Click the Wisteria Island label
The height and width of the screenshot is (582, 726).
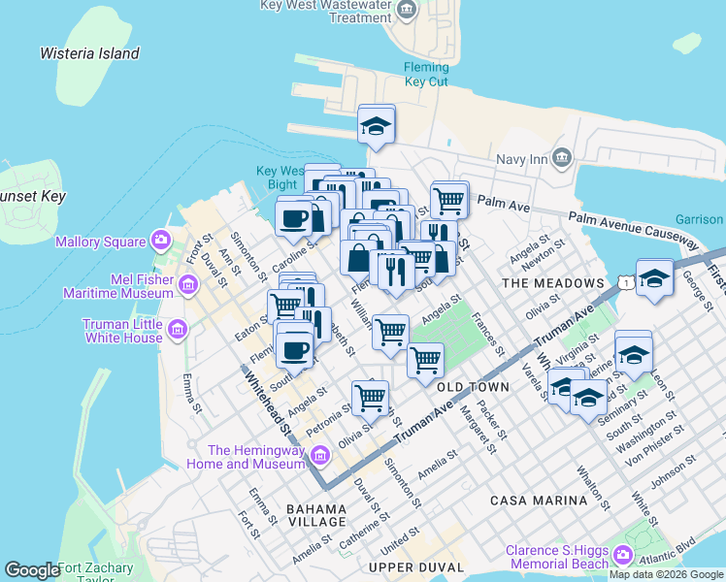click(x=89, y=53)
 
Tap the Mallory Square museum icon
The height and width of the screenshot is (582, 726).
click(x=161, y=241)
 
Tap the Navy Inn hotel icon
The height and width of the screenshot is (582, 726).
click(x=562, y=158)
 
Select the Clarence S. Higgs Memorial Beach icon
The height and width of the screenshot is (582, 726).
click(x=622, y=556)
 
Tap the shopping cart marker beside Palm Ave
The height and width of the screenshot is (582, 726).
click(x=448, y=201)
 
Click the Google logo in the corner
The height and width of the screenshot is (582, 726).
click(x=31, y=570)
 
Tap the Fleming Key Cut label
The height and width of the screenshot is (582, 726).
click(x=426, y=75)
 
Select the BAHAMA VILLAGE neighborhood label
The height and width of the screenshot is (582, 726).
click(x=316, y=515)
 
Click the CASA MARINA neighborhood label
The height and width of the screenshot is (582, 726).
click(x=539, y=500)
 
